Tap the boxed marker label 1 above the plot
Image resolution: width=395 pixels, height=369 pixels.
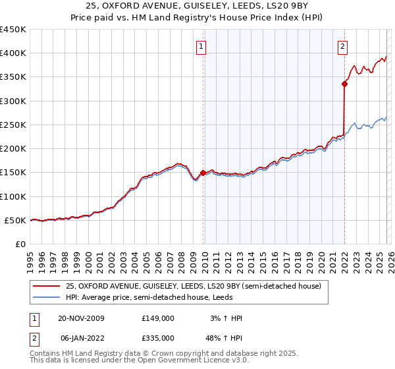click(201, 46)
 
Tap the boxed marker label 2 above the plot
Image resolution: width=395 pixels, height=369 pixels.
click(343, 46)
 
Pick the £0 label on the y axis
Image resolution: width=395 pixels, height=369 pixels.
click(20, 244)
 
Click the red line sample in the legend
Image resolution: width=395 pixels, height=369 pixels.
click(47, 286)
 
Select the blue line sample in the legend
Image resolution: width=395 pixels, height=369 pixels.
click(47, 298)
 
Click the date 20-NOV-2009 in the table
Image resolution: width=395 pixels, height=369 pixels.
click(81, 318)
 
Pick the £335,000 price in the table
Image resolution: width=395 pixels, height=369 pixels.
click(157, 337)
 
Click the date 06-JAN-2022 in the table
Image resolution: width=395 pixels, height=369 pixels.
click(80, 337)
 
